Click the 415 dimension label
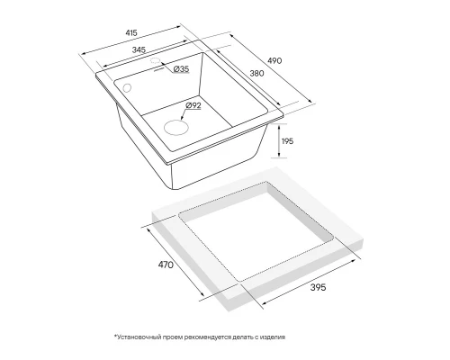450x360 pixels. click(x=131, y=32)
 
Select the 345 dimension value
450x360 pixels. click(x=139, y=49)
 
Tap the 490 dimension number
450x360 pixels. click(x=274, y=60)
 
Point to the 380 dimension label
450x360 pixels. click(x=256, y=73)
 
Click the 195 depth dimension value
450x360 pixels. click(x=287, y=141)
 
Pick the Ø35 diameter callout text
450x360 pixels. click(x=181, y=69)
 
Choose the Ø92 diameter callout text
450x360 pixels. click(x=193, y=105)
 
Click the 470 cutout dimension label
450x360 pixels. click(x=166, y=265)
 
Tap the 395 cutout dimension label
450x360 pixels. click(x=318, y=287)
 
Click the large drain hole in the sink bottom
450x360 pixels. click(x=176, y=127)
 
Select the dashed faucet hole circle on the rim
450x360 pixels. click(x=155, y=60)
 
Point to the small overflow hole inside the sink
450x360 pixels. click(x=127, y=88)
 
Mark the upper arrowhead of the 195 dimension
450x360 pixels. click(x=279, y=126)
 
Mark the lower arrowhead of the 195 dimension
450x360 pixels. click(x=279, y=155)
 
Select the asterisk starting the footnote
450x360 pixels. click(x=115, y=336)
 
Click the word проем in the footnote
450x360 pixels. click(x=173, y=337)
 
